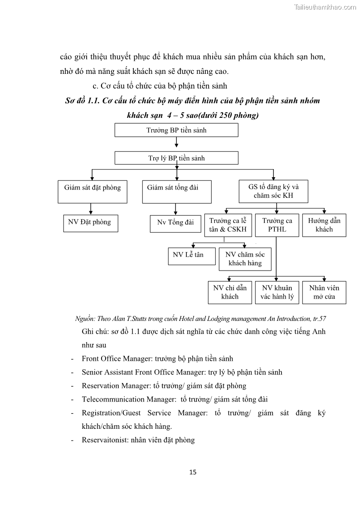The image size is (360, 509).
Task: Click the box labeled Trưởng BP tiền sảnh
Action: pyautogui.click(x=176, y=130)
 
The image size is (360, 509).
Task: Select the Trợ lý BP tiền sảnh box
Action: pyautogui.click(x=176, y=158)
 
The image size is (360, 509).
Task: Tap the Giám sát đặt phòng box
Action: pyautogui.click(x=92, y=192)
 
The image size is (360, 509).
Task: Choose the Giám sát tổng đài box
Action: pyautogui.click(x=176, y=192)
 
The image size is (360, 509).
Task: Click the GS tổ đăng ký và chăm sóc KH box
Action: pyautogui.click(x=273, y=192)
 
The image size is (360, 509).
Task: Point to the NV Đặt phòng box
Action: pyautogui.click(x=90, y=223)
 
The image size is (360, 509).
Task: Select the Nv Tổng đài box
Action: pyautogui.click(x=175, y=223)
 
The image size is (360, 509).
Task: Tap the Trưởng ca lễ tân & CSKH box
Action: pyautogui.click(x=228, y=225)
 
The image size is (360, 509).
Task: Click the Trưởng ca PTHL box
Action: pyautogui.click(x=277, y=225)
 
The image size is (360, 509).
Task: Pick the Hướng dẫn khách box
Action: pyautogui.click(x=324, y=225)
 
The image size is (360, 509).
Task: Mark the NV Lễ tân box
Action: pyautogui.click(x=188, y=255)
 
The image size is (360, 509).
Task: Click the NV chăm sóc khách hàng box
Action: pyautogui.click(x=245, y=259)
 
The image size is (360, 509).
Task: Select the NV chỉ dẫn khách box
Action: pyautogui.click(x=229, y=292)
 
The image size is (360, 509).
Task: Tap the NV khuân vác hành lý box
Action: pyautogui.click(x=277, y=292)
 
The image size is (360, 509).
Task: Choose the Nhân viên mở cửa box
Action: pyautogui.click(x=324, y=292)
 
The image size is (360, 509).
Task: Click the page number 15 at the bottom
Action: pyautogui.click(x=193, y=472)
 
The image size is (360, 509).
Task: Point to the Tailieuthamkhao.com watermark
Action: pyautogui.click(x=325, y=7)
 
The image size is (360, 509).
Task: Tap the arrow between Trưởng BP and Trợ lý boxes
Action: pyautogui.click(x=176, y=144)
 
